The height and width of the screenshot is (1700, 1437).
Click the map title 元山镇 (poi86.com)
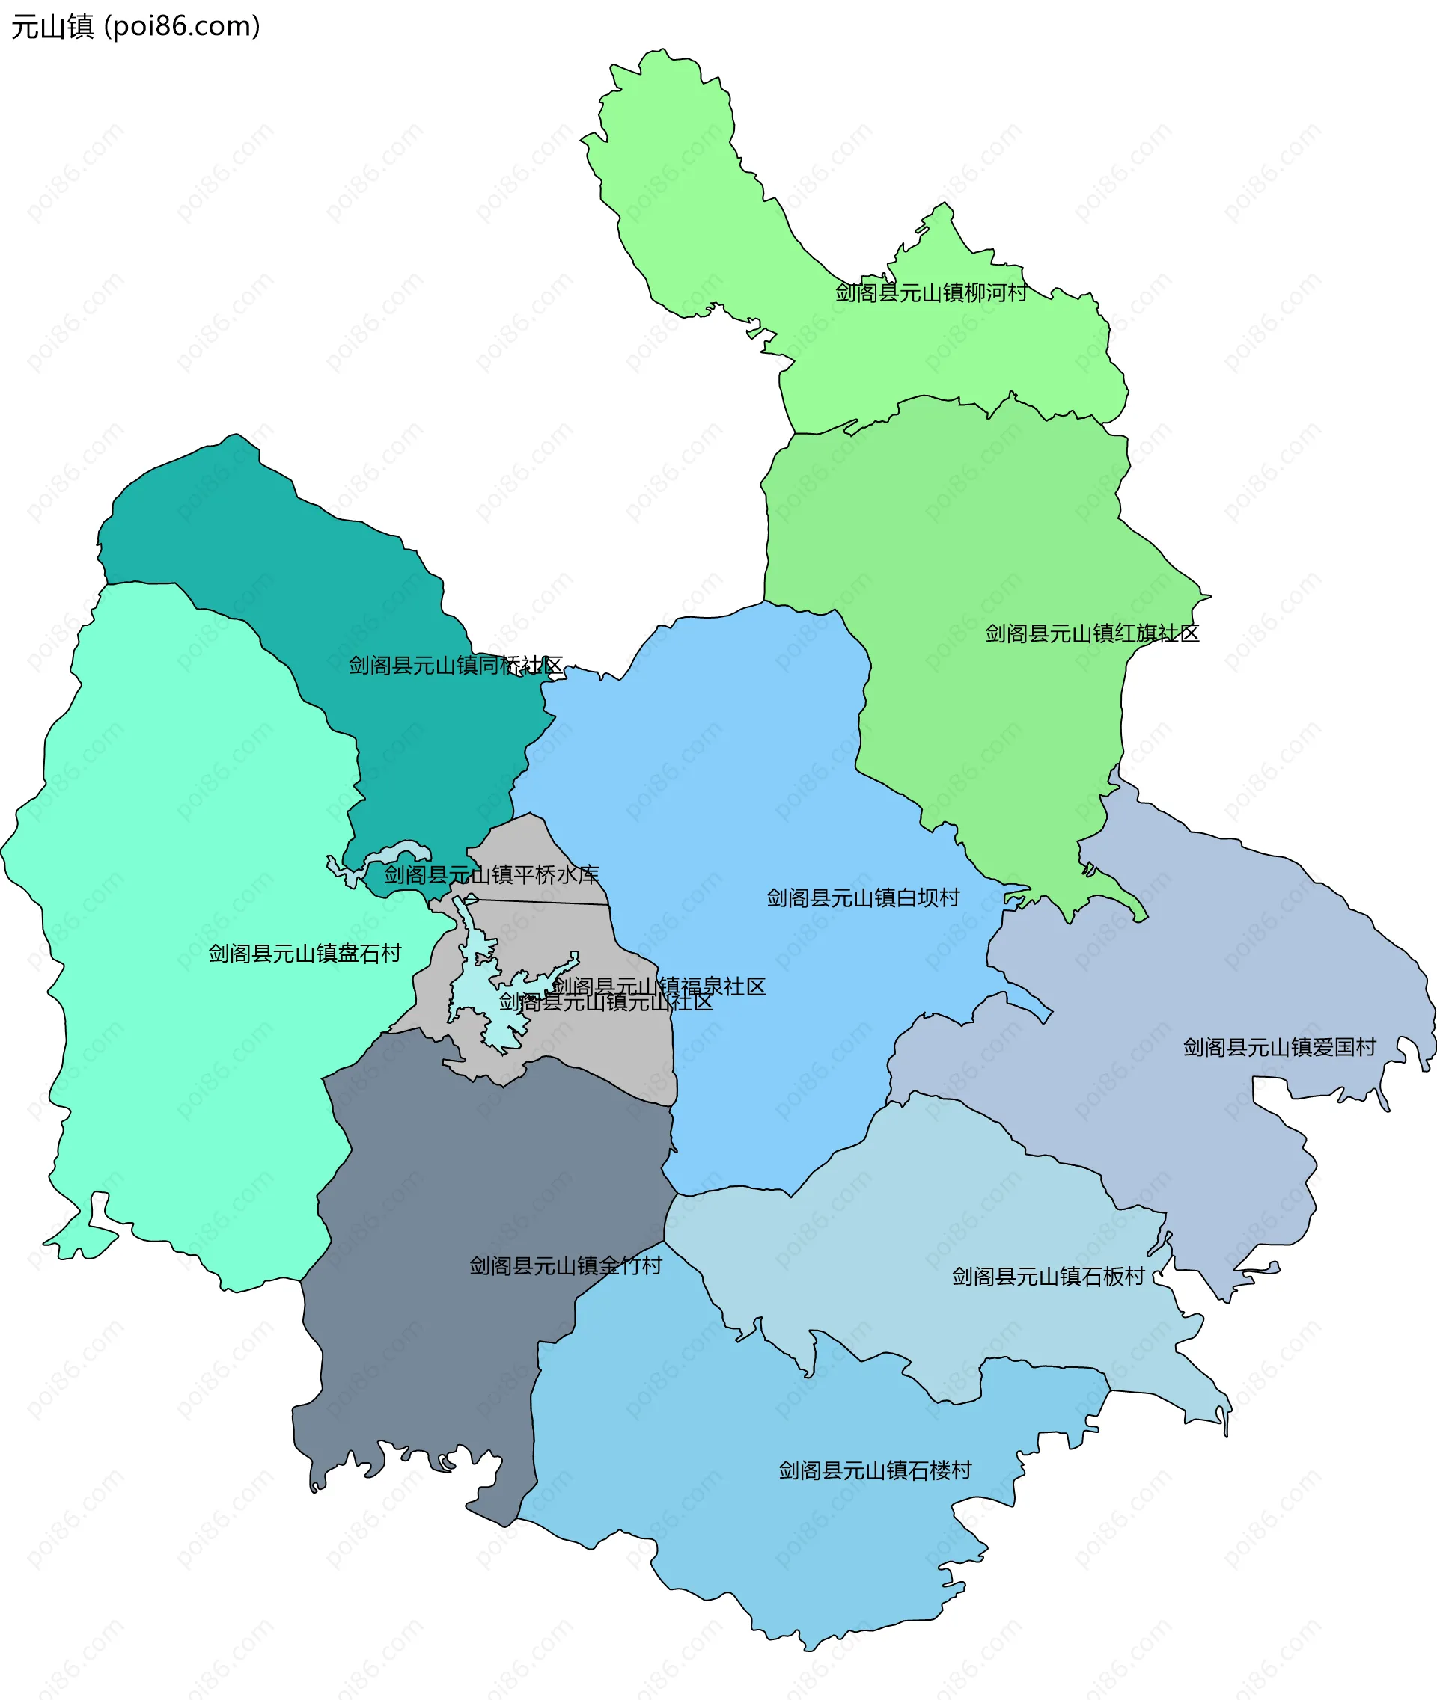coord(135,27)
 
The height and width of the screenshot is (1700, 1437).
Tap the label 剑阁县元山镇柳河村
coord(930,292)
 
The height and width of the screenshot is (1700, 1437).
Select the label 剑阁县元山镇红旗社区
coord(1092,633)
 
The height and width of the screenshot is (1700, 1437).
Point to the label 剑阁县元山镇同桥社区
coord(455,665)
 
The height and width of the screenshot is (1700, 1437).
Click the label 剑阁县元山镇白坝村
coord(863,897)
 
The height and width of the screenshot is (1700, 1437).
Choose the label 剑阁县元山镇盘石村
coord(305,953)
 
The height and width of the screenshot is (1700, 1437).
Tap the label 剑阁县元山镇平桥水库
coord(491,874)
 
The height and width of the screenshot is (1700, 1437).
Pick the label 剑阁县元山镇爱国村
coord(1279,1047)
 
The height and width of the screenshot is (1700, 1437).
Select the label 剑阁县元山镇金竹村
coord(565,1265)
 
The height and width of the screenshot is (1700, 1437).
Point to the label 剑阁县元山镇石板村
coord(1049,1276)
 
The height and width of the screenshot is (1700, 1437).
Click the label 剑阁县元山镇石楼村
coord(875,1470)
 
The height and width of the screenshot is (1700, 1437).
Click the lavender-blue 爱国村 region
coord(1181,936)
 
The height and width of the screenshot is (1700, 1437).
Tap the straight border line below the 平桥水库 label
coord(537,902)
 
